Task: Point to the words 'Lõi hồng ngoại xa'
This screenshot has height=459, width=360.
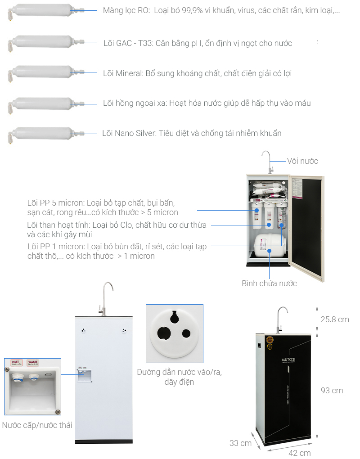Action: pos(135,103)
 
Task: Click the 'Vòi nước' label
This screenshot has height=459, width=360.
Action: pos(302,161)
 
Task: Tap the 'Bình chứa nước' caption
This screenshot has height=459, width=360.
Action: pos(269,283)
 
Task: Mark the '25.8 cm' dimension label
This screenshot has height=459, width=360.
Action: pos(334,319)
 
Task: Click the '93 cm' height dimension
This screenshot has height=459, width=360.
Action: pos(332,391)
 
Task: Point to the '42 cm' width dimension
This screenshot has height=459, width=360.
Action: pos(300,452)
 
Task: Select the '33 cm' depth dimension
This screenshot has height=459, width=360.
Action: pos(240,443)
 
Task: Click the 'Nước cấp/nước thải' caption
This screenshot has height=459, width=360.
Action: pos(37,425)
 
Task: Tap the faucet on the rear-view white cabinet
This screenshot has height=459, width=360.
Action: pos(106,297)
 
